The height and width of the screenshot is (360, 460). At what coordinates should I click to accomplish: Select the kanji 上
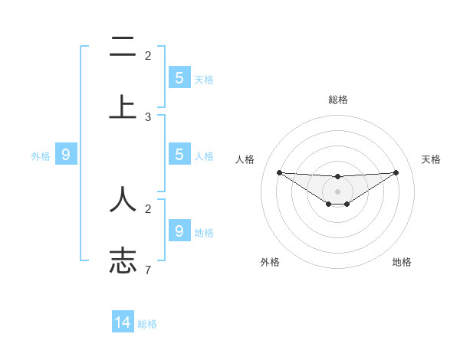[x=123, y=106]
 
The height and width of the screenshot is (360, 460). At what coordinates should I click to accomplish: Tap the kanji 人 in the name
[x=123, y=198]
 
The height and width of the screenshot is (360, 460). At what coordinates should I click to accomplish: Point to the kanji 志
[x=123, y=260]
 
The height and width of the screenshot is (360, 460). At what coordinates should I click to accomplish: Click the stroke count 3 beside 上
[x=148, y=117]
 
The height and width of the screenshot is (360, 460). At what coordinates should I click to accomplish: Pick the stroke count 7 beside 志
[x=148, y=270]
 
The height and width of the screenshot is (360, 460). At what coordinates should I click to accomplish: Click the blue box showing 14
[x=123, y=322]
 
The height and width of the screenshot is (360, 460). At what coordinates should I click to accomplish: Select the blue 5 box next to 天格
[x=179, y=78]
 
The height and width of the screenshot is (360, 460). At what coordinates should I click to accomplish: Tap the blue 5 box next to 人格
[x=179, y=155]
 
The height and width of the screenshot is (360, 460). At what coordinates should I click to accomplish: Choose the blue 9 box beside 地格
[x=179, y=231]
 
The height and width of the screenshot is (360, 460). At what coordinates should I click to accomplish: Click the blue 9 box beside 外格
[x=66, y=155]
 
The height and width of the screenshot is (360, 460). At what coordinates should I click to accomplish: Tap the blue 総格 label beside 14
[x=147, y=324]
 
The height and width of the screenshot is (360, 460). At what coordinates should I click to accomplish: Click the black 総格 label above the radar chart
[x=337, y=100]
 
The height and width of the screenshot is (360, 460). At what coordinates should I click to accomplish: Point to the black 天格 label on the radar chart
[x=431, y=159]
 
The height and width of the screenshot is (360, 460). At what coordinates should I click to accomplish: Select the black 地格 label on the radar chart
[x=402, y=262]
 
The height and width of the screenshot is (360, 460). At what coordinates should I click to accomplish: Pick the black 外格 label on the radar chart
[x=270, y=262]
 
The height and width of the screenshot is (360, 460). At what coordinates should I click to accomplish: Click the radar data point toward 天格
[x=396, y=172]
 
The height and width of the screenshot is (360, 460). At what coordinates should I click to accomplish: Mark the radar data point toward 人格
[x=279, y=172]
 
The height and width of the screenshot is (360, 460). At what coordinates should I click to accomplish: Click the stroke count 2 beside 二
[x=148, y=55]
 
